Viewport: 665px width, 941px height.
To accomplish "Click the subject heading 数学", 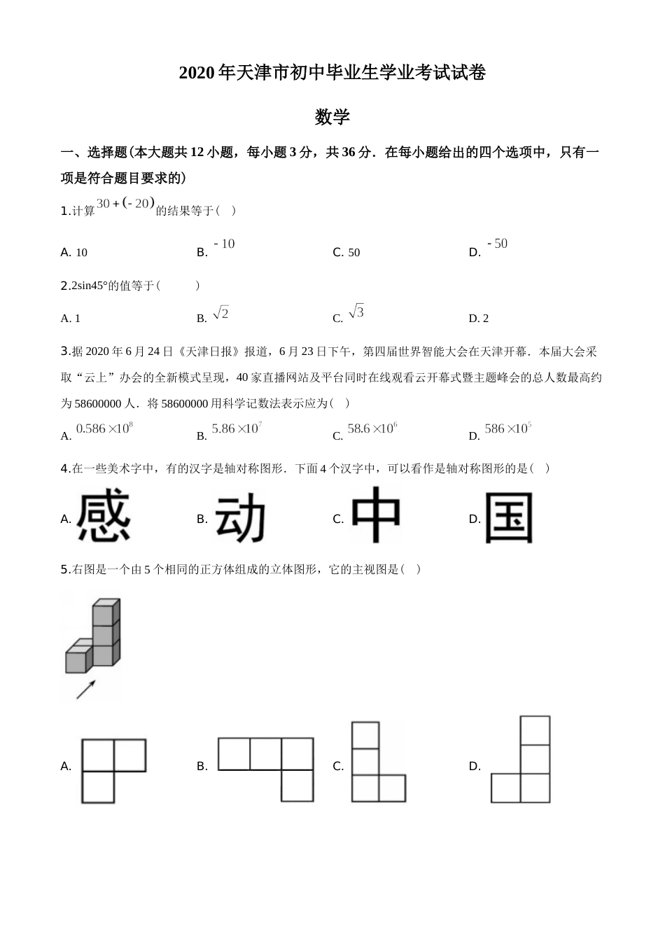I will point(332,117).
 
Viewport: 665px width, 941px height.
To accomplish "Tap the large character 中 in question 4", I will point(376,515).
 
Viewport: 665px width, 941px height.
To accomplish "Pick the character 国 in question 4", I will point(509,518).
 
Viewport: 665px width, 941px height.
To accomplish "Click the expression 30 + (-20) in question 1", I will point(125,204).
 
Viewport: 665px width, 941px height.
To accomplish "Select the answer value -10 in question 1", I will point(224,244).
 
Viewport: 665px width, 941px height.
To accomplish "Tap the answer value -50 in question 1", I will point(497,244).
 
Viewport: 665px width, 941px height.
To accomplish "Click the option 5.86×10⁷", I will point(237,428).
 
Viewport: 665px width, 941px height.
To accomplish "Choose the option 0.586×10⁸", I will point(104,428).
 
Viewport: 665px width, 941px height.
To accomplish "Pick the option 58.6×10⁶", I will point(372,428).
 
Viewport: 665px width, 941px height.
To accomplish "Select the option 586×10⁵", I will point(508,428).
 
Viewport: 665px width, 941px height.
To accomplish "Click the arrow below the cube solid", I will point(85,689).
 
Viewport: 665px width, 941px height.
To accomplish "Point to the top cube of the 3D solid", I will point(106,610).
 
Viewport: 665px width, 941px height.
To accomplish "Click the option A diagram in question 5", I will point(113,770).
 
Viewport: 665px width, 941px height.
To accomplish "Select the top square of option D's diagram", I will point(535,730).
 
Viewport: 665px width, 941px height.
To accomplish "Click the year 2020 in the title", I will point(198,73).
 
